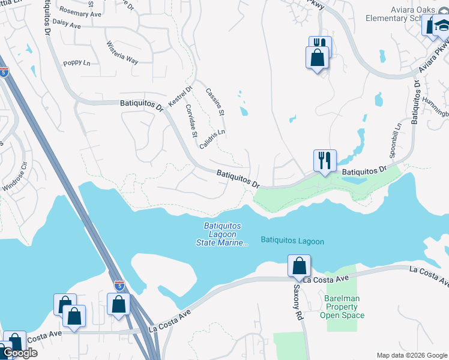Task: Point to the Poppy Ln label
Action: click(x=76, y=63)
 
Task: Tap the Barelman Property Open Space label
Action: click(x=342, y=306)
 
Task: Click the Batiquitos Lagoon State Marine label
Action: click(x=222, y=234)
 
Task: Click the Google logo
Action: click(x=20, y=353)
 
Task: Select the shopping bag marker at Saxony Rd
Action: click(x=299, y=266)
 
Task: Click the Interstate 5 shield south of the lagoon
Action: click(x=119, y=285)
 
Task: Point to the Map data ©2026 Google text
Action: click(x=412, y=355)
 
